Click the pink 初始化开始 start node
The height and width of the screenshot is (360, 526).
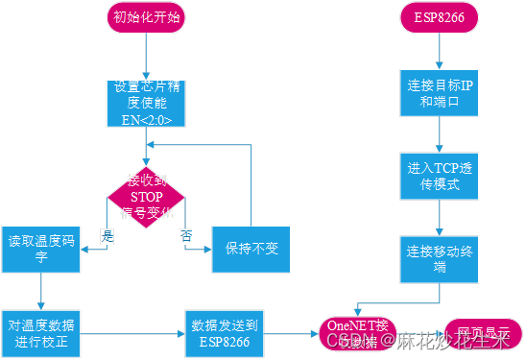[145, 18]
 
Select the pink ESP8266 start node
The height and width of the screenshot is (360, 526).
[440, 18]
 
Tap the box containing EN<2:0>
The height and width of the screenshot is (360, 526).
[145, 105]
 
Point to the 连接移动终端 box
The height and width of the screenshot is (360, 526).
[439, 256]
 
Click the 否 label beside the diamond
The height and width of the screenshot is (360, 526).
[185, 234]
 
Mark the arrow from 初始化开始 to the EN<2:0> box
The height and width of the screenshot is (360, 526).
[145, 58]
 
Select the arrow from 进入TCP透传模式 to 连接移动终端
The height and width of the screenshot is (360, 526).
[440, 216]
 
